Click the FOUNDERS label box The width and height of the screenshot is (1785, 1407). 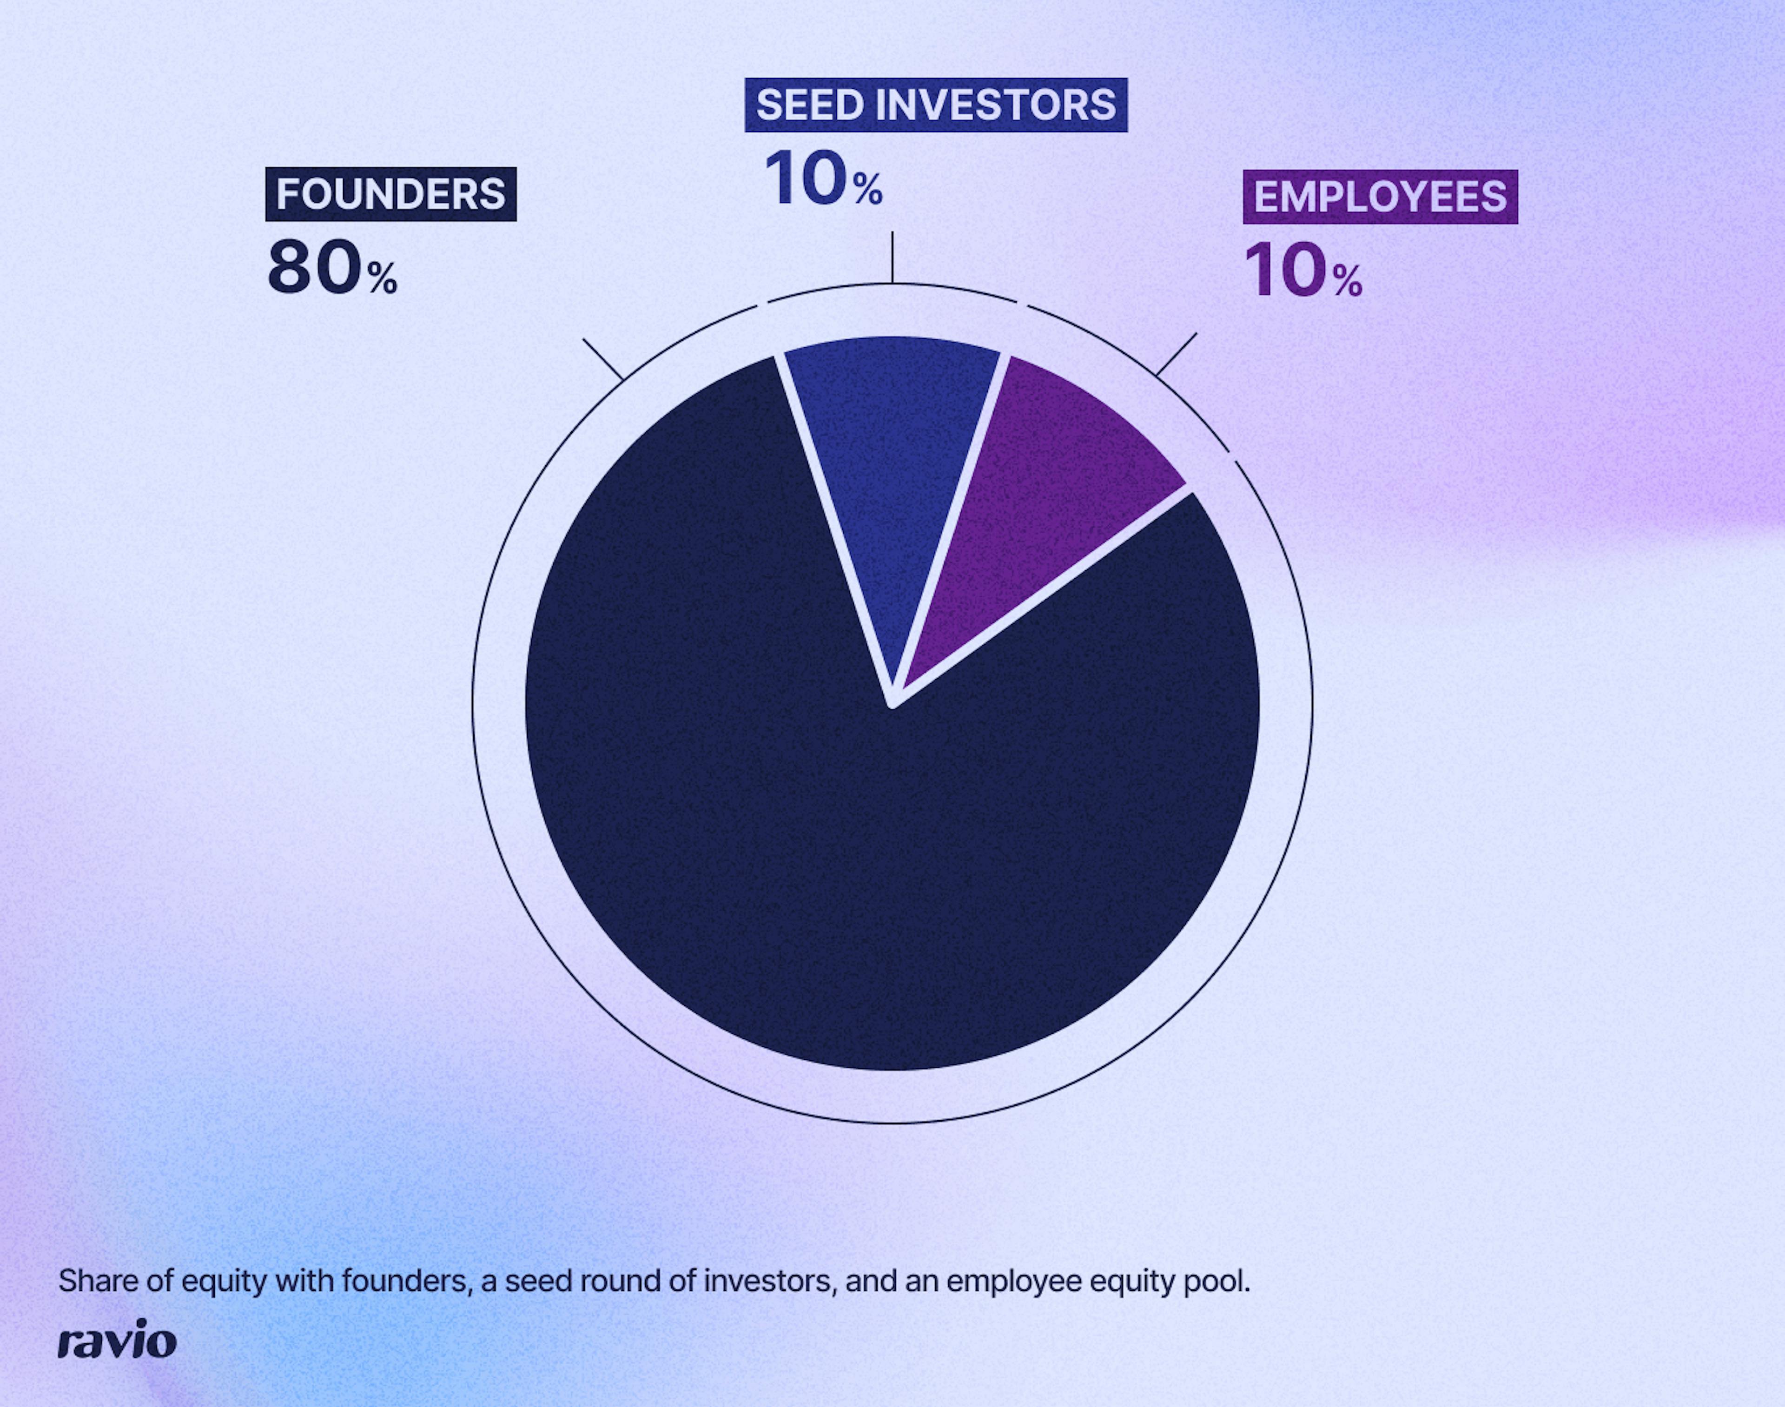[x=390, y=194]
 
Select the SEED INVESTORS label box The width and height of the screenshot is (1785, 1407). [x=936, y=105]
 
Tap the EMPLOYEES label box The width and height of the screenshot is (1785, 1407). [x=1380, y=197]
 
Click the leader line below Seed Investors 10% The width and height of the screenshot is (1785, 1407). [x=892, y=257]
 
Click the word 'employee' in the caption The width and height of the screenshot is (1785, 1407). [x=1013, y=1282]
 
